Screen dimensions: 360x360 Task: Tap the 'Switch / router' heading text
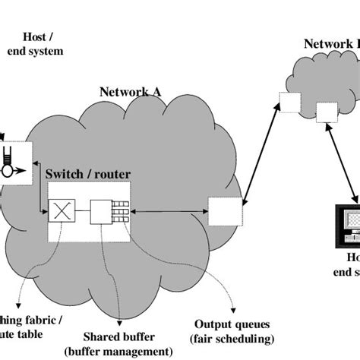tap(87, 174)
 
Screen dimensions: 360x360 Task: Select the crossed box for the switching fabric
tap(60, 210)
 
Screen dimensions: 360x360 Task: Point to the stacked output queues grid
tap(120, 210)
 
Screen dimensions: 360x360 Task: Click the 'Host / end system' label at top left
tap(35, 44)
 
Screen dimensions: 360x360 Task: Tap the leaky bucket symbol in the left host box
tap(8, 162)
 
